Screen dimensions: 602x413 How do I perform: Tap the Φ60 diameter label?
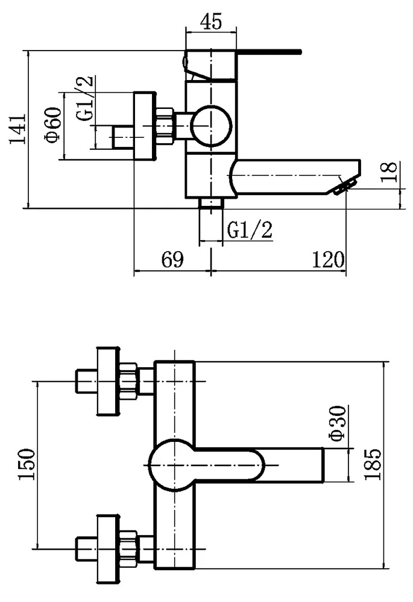[53, 125]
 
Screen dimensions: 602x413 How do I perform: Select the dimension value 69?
[172, 259]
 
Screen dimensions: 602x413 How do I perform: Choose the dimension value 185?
[373, 464]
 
